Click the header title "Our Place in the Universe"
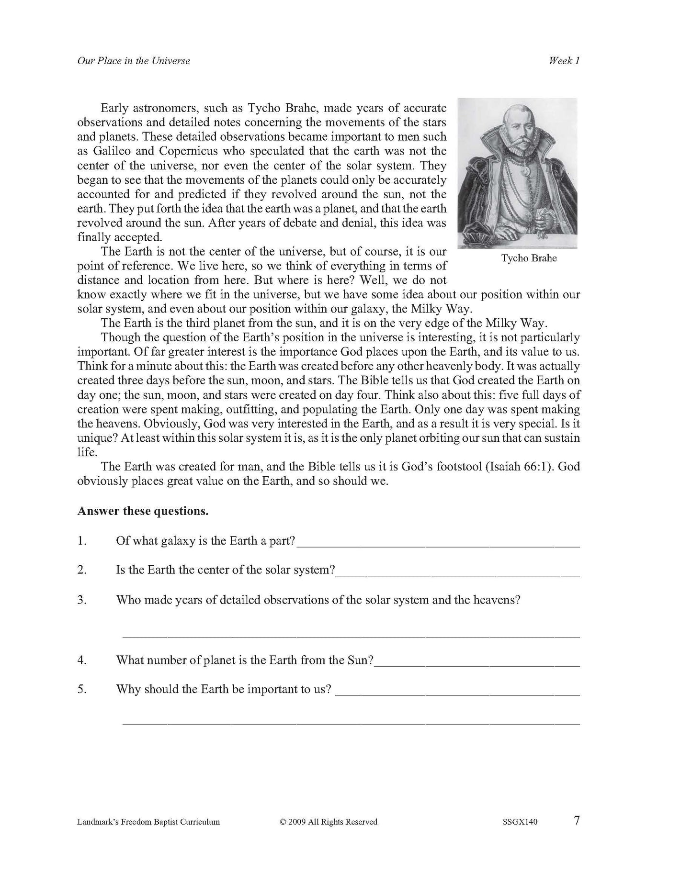134,61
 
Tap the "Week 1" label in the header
564,61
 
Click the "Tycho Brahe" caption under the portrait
529,258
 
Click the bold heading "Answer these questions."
143,511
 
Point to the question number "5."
82,689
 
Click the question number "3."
82,600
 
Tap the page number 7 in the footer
577,821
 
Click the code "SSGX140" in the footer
518,822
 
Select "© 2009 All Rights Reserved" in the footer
329,822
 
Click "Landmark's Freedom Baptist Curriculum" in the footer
148,822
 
